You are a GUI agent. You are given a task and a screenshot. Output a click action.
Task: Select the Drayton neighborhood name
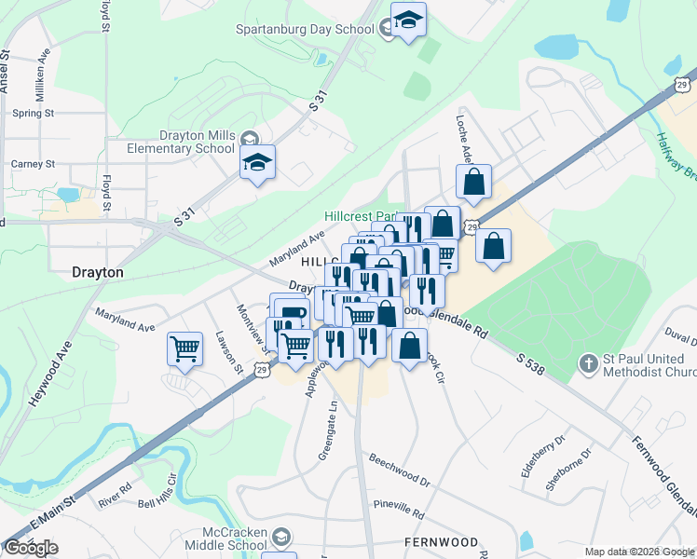click(x=98, y=273)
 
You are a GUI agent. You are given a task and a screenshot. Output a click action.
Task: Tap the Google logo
click(x=31, y=548)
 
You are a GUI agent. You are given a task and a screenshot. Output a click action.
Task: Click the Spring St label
click(x=34, y=114)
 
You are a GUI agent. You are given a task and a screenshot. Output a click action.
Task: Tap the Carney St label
click(x=34, y=164)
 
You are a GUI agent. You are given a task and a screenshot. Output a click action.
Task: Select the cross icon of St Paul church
click(x=588, y=361)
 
